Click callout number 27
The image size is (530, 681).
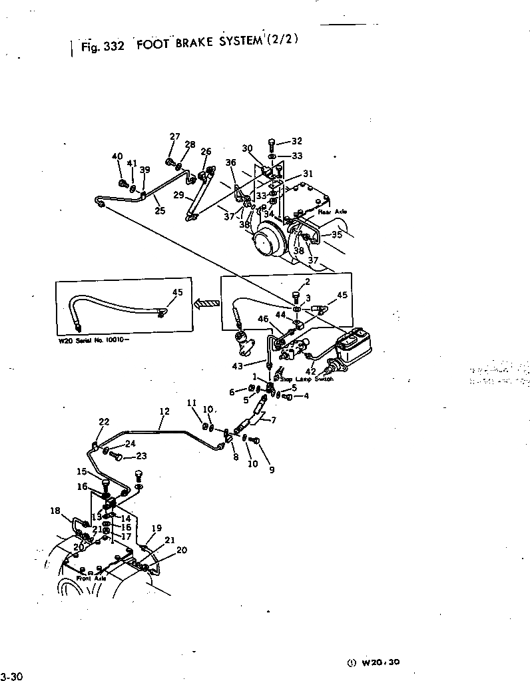point(174,137)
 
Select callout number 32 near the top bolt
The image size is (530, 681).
point(296,141)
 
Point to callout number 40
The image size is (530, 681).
point(117,156)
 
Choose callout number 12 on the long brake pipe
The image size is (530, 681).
point(164,413)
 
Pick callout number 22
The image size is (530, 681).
point(104,422)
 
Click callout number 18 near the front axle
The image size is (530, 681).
point(55,511)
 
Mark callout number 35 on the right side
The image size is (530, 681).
point(337,234)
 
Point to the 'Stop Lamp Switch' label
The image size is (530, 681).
point(306,378)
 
